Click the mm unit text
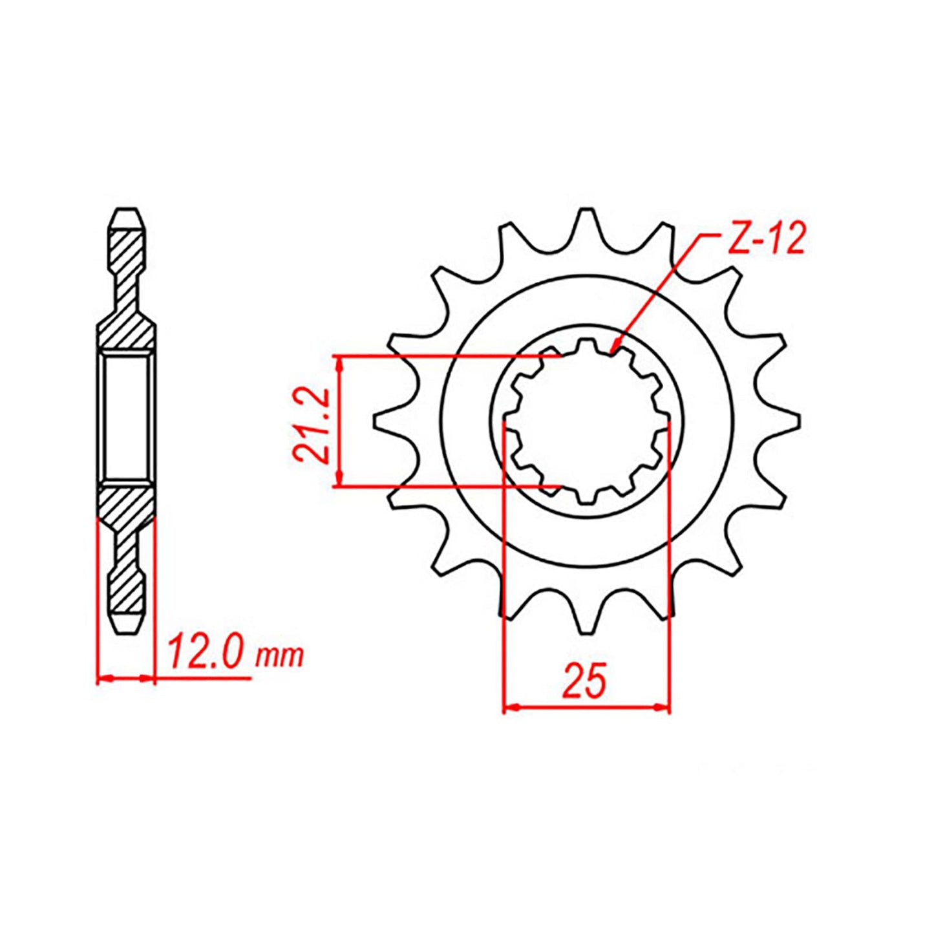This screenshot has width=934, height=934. click(x=279, y=657)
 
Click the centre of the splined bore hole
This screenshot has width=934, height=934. click(x=586, y=421)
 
